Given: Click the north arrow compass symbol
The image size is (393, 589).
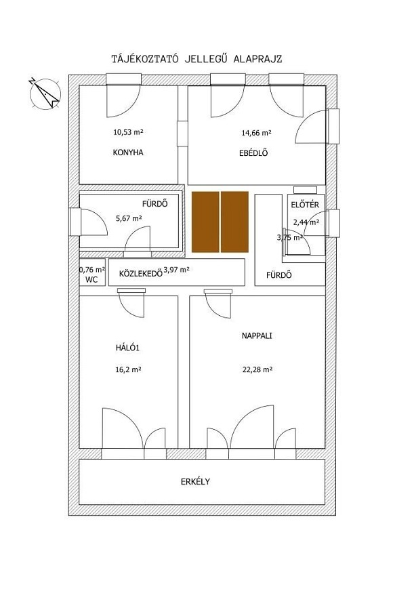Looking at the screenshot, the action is pyautogui.click(x=45, y=94).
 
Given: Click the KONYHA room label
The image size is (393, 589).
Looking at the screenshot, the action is pyautogui.click(x=128, y=153).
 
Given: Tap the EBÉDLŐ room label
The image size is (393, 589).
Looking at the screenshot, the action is pyautogui.click(x=253, y=153).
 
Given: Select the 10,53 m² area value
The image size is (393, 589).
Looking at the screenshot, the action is pyautogui.click(x=128, y=132).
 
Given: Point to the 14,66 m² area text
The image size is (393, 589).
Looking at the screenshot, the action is pyautogui.click(x=256, y=133).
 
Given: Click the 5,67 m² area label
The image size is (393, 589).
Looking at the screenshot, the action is pyautogui.click(x=128, y=218).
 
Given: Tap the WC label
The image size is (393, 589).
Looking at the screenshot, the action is pyautogui.click(x=91, y=279).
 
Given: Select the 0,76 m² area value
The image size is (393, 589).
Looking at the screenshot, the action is pyautogui.click(x=92, y=269).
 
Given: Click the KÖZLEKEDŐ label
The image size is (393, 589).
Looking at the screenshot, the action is pyautogui.click(x=141, y=273).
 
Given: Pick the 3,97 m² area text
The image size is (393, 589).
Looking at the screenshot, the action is pyautogui.click(x=176, y=269).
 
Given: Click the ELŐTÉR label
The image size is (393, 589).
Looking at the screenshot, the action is pyautogui.click(x=305, y=205).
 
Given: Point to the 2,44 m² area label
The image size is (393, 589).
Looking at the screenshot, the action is pyautogui.click(x=306, y=222).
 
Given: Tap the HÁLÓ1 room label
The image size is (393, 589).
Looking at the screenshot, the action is pyautogui.click(x=127, y=348).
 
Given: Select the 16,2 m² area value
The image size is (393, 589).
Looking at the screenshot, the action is pyautogui.click(x=128, y=369).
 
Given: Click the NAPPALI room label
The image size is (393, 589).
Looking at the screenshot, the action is pyautogui.click(x=257, y=336).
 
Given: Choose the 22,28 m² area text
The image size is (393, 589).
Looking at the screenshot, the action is pyautogui.click(x=257, y=369).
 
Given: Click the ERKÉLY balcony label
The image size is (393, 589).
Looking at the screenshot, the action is pyautogui.click(x=196, y=481).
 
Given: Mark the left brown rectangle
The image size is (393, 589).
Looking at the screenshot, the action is pyautogui.click(x=205, y=222).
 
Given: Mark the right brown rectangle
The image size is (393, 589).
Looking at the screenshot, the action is pyautogui.click(x=234, y=222).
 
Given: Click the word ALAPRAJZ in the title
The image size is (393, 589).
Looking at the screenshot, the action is pyautogui.click(x=258, y=59).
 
